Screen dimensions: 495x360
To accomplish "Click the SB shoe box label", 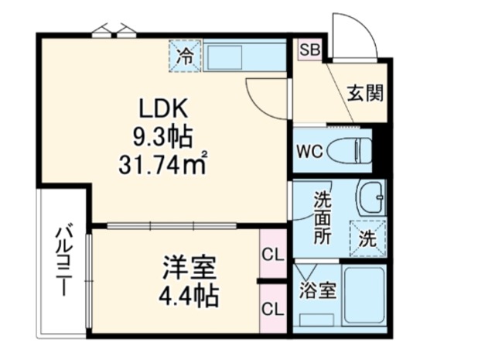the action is (x=309, y=50).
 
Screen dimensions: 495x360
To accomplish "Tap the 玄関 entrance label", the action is (x=365, y=93).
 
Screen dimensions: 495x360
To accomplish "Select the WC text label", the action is (x=309, y=152).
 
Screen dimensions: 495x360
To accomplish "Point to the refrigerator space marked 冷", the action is (x=185, y=56).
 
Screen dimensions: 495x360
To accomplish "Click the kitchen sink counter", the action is (x=244, y=56).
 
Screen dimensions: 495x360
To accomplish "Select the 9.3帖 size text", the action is (x=162, y=137).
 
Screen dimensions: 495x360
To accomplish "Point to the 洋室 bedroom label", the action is (x=189, y=268).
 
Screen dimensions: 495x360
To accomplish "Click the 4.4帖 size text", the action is (x=189, y=296).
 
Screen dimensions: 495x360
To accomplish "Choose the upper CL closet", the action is (x=273, y=254).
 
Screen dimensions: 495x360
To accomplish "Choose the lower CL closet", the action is (x=273, y=308).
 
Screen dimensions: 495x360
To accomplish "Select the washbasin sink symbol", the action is (x=371, y=197).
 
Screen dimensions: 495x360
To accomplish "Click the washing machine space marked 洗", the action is (x=368, y=238).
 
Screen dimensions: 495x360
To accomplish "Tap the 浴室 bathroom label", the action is (x=318, y=290).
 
